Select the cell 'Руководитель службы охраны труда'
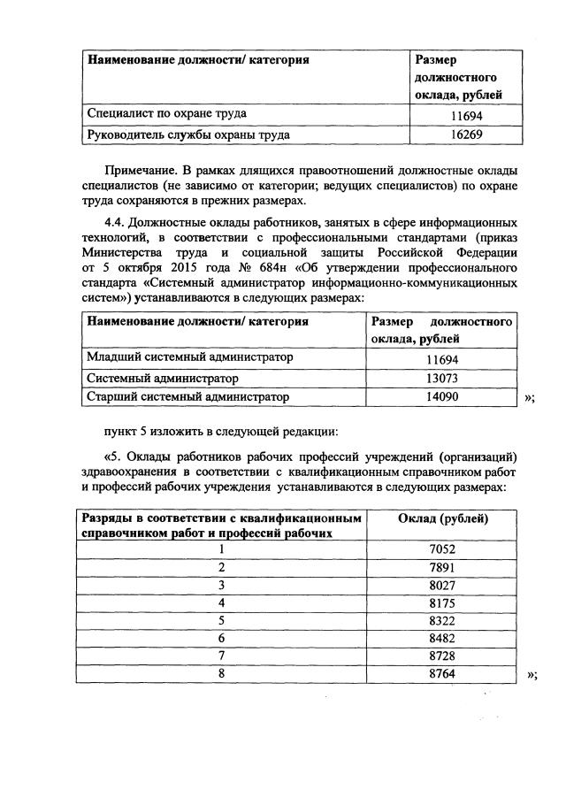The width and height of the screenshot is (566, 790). point(187,135)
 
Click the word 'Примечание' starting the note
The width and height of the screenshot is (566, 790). point(135,169)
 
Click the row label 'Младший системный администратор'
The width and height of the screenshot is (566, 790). point(188,357)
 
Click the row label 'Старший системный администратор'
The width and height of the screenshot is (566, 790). point(187,398)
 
